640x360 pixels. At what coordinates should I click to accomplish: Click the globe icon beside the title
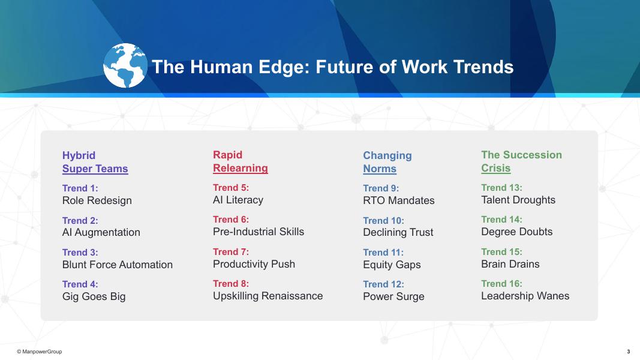pyautogui.click(x=125, y=66)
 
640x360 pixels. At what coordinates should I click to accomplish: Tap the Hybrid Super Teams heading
pyautogui.click(x=95, y=161)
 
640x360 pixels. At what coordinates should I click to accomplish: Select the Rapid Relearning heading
pyautogui.click(x=241, y=161)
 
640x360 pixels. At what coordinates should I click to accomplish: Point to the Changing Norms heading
pyautogui.click(x=387, y=161)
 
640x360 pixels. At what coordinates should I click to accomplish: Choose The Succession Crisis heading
pyautogui.click(x=521, y=161)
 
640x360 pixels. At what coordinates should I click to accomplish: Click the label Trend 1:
pyautogui.click(x=80, y=188)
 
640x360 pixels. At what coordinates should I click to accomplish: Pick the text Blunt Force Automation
pyautogui.click(x=117, y=265)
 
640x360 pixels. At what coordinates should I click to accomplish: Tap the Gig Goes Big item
pyautogui.click(x=94, y=296)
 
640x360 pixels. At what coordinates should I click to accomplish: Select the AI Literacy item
pyautogui.click(x=238, y=200)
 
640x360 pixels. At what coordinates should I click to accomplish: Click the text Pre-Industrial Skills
pyautogui.click(x=259, y=232)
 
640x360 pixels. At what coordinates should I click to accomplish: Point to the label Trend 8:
pyautogui.click(x=230, y=283)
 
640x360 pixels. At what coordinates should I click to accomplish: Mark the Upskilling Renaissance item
pyautogui.click(x=268, y=296)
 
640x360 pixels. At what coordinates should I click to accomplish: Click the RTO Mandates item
pyautogui.click(x=399, y=200)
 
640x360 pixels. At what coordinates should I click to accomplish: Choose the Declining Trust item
pyautogui.click(x=398, y=232)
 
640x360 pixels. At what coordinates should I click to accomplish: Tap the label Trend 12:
pyautogui.click(x=383, y=284)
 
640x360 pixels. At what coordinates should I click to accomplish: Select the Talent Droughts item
pyautogui.click(x=518, y=200)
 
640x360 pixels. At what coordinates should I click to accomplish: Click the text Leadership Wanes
pyautogui.click(x=525, y=296)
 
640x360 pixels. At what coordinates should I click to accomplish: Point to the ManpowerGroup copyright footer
pyautogui.click(x=39, y=352)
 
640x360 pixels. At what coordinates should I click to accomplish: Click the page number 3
pyautogui.click(x=628, y=352)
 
